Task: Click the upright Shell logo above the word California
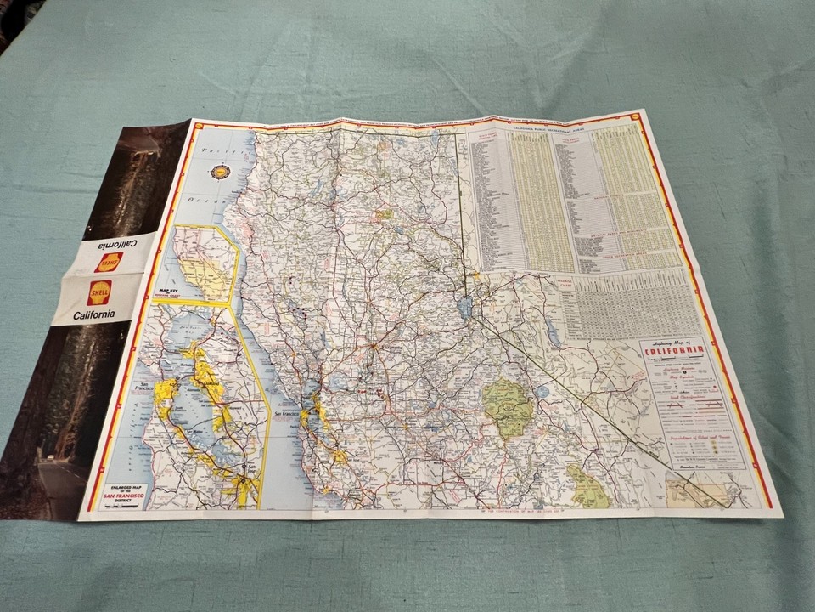(x=99, y=292)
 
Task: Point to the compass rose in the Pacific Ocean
(x=222, y=173)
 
